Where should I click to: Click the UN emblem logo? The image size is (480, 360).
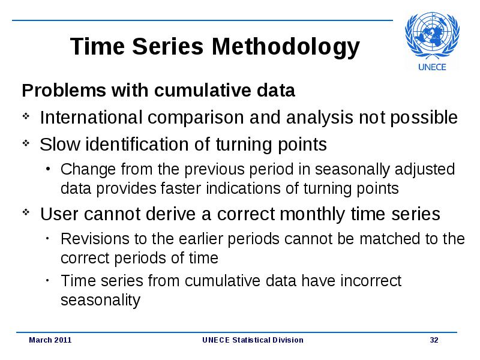pos(432,36)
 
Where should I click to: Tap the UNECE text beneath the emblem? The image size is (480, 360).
pos(432,67)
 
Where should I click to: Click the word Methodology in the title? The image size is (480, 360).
pos(286,47)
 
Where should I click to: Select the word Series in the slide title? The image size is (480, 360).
pos(168,47)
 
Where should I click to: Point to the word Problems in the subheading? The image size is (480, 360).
pos(64,91)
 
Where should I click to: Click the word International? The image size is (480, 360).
pos(91,117)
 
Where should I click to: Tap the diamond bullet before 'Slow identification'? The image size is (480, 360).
pos(26,143)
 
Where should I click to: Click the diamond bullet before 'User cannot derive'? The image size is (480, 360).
pos(26,212)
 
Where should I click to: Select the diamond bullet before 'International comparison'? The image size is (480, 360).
pos(26,116)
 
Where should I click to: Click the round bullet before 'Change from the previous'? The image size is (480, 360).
pos(48,169)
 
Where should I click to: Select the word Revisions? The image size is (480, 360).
pos(95,239)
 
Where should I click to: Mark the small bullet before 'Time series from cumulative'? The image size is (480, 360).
pos(48,280)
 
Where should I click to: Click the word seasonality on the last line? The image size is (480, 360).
pos(100,301)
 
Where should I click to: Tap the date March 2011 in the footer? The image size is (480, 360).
pos(50,340)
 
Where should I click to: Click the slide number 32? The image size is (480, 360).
pos(434,340)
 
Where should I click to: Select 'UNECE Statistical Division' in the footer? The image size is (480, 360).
pos(253,340)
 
